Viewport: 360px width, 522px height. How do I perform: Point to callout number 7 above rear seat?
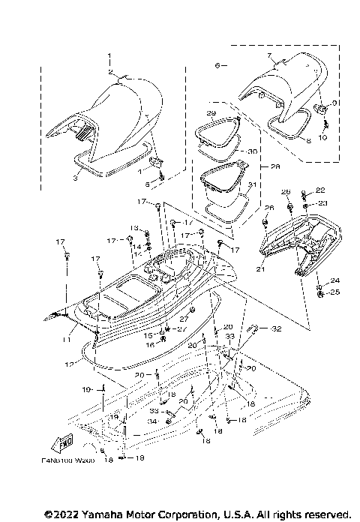pyautogui.click(x=269, y=56)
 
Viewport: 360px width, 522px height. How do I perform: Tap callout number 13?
pyautogui.click(x=135, y=226)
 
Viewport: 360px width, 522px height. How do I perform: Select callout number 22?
pyautogui.click(x=321, y=190)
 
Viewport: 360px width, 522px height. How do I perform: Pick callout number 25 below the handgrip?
pyautogui.click(x=335, y=292)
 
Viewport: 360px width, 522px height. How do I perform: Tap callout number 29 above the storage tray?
pyautogui.click(x=211, y=112)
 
